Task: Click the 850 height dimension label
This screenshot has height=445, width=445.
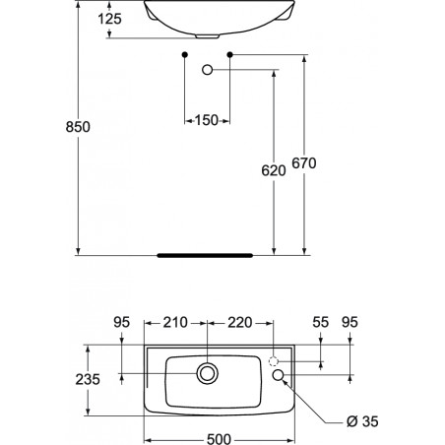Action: click(x=78, y=127)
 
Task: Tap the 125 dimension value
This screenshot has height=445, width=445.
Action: click(x=109, y=19)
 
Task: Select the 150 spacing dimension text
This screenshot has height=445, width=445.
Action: click(x=207, y=120)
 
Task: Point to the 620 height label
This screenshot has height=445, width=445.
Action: click(x=274, y=170)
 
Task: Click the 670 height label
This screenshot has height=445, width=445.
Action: click(x=304, y=163)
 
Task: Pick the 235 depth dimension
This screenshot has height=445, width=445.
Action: click(x=88, y=379)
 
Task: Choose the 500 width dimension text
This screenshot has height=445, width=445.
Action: click(x=220, y=439)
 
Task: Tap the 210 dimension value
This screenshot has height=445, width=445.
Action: click(x=175, y=322)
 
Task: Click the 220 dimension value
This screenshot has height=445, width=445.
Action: click(x=240, y=322)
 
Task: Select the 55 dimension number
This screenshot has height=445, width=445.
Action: click(x=321, y=322)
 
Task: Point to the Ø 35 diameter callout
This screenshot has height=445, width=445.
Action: click(x=362, y=421)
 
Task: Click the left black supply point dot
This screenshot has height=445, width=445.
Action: click(x=185, y=54)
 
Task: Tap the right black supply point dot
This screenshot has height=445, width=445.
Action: click(x=230, y=54)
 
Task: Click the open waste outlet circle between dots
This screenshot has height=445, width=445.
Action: click(x=207, y=70)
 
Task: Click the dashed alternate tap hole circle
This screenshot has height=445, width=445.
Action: click(x=274, y=361)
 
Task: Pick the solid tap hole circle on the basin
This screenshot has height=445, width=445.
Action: click(x=278, y=375)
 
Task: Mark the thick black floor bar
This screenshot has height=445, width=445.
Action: click(x=205, y=255)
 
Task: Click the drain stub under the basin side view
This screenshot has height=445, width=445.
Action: click(x=208, y=35)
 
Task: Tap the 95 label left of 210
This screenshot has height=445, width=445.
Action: click(x=122, y=322)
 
